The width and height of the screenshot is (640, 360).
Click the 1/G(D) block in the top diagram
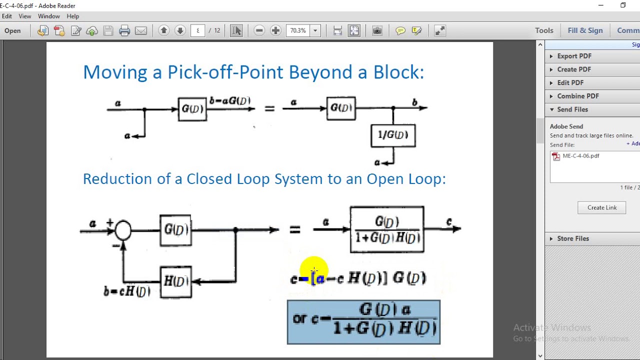(393, 135)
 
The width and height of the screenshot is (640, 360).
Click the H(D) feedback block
(175, 281)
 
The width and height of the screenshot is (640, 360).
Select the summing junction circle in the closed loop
(123, 230)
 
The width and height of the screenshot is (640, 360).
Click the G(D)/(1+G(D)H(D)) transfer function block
(387, 229)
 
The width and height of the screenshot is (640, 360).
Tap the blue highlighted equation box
(363, 322)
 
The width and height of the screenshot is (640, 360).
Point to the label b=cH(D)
(126, 291)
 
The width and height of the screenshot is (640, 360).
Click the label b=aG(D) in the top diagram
(230, 101)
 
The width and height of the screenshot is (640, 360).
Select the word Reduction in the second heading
(117, 179)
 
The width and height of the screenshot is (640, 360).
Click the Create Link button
(601, 207)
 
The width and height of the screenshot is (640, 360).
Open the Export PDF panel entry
(574, 56)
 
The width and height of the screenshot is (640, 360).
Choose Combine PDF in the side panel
(577, 96)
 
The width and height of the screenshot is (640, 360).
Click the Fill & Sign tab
(585, 30)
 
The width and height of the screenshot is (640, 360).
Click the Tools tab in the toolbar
(544, 30)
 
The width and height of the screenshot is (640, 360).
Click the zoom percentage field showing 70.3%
(298, 30)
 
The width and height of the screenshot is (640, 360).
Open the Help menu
(72, 16)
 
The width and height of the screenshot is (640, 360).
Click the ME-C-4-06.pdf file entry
(580, 156)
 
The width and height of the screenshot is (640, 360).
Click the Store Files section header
(573, 238)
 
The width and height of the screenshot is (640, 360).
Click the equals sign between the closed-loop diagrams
(294, 229)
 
